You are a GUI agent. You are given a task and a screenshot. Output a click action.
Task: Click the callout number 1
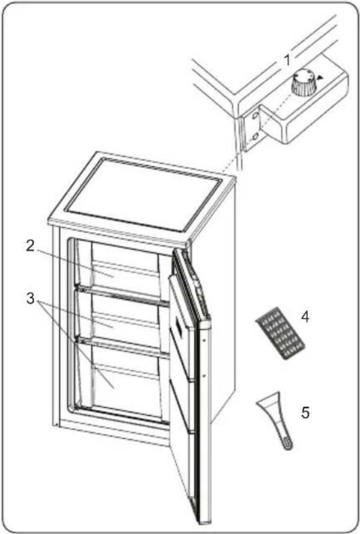[288, 61]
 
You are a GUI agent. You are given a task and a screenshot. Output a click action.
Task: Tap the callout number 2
[30, 246]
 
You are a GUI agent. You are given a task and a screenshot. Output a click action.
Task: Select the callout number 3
[30, 299]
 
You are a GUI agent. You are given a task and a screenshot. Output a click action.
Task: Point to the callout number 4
[305, 317]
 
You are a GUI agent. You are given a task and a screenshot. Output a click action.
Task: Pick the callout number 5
[305, 413]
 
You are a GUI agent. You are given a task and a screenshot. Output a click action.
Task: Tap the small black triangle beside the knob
[320, 77]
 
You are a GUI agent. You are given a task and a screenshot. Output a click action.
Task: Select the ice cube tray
[280, 333]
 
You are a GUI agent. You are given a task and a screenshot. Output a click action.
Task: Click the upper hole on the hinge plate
[255, 117]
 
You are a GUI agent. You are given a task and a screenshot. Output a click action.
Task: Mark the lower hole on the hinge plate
[255, 137]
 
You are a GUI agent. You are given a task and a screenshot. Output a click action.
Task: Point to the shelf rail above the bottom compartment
[123, 348]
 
